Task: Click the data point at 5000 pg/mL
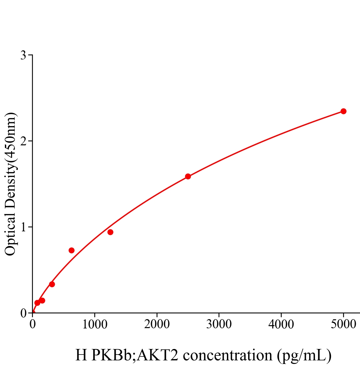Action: click(343, 111)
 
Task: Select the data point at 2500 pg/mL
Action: click(188, 176)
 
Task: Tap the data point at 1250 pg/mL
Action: click(110, 232)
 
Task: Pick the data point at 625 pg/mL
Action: click(71, 250)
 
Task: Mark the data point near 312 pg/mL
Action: click(52, 284)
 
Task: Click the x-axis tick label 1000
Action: click(95, 324)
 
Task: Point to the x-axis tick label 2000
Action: click(157, 324)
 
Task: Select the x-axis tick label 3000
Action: click(219, 324)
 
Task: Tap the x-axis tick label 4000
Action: click(281, 324)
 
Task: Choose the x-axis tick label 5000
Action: click(343, 324)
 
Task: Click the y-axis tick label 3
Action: click(23, 55)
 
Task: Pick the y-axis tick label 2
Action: click(23, 141)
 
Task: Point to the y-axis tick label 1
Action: click(23, 227)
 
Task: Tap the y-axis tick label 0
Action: click(23, 313)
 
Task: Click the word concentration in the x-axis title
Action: click(227, 355)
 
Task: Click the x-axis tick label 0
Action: click(33, 324)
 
